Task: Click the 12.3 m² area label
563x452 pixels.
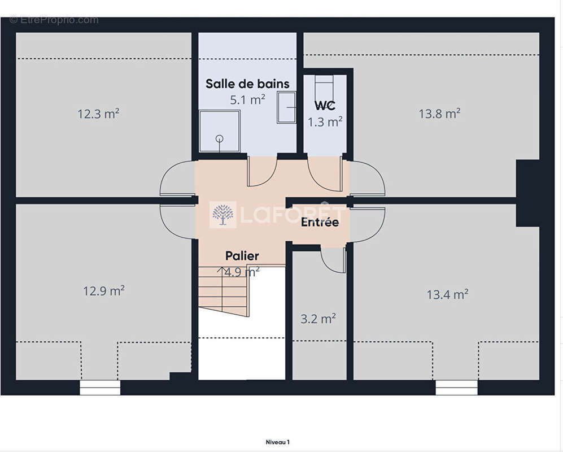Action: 98,114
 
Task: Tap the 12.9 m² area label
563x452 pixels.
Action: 104,290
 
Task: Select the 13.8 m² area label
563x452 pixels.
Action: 439,114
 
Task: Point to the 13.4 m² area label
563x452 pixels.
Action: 447,294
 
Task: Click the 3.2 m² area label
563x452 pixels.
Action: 318,318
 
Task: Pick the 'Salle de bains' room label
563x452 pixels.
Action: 247,84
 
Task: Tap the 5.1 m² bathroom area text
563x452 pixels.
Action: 248,99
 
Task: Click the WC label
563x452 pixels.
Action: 325,106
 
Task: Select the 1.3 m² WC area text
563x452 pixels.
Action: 325,122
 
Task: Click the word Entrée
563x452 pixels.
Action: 320,221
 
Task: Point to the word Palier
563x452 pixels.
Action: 242,256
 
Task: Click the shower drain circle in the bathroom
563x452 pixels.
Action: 219,138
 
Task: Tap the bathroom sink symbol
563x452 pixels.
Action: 286,107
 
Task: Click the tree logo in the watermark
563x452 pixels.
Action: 223,215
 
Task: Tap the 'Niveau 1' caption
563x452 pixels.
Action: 278,442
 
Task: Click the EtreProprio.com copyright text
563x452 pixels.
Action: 54,20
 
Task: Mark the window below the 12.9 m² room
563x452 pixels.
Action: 100,388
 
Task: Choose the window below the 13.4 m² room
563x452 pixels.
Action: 456,388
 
